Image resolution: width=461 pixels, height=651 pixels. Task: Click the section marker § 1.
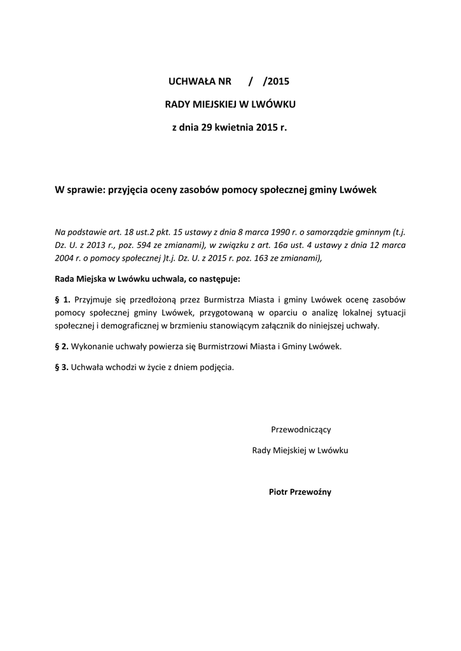click(62, 299)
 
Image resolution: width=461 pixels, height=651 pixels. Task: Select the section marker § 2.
click(62, 346)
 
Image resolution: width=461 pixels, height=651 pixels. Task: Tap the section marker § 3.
click(62, 367)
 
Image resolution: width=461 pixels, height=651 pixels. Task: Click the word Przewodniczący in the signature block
click(301, 429)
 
